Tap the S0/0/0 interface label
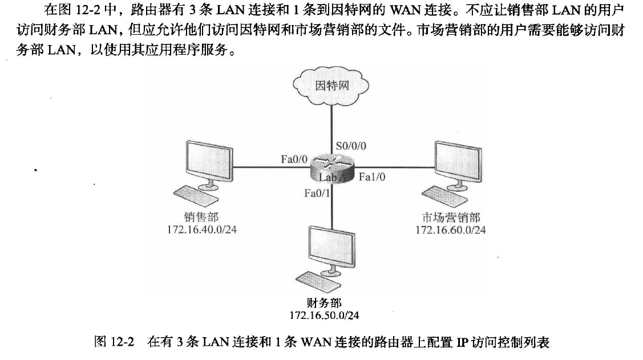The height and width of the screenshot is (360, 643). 351,146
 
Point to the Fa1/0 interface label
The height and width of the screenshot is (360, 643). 372,177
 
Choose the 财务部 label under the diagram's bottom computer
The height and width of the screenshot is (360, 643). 324,302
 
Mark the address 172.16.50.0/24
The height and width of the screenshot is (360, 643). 324,314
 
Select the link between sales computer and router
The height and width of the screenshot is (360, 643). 268,168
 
